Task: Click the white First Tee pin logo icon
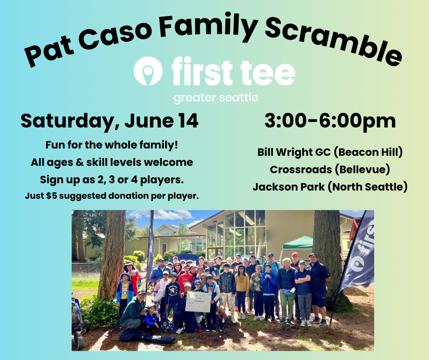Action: click(148, 71)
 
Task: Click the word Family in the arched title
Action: click(208, 26)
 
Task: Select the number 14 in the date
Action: click(188, 121)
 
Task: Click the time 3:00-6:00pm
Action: click(330, 121)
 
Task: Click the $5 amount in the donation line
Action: click(52, 196)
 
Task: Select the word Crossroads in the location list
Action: click(300, 169)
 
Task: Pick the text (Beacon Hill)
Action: click(368, 152)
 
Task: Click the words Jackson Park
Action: click(288, 187)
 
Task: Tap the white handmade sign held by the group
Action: click(198, 302)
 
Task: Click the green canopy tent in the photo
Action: click(298, 244)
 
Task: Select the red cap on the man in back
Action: click(295, 254)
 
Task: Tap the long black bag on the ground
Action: click(147, 336)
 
